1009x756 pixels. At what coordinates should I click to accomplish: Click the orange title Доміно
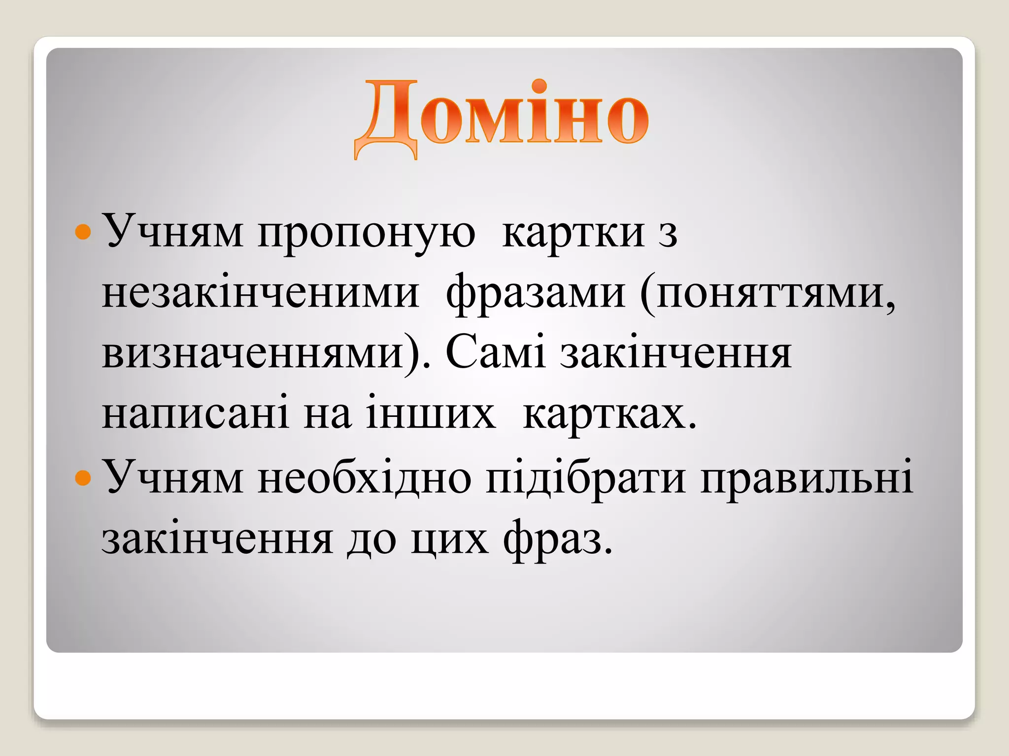coord(502,118)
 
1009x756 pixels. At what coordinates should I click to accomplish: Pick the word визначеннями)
coord(267,354)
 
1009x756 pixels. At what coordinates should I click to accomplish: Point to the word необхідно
coord(364,477)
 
